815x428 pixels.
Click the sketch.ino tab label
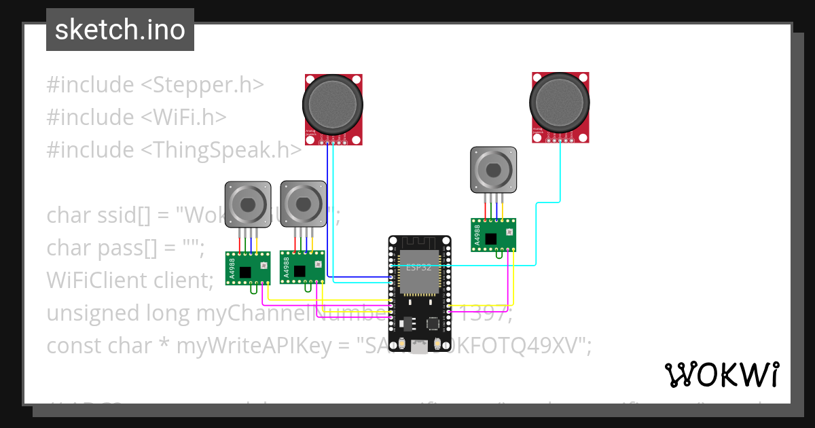click(120, 31)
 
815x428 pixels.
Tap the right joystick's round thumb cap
click(559, 103)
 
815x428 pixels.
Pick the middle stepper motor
click(302, 202)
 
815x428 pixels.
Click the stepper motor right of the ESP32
click(494, 170)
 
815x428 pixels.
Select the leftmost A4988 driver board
click(248, 268)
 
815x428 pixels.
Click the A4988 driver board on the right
click(494, 234)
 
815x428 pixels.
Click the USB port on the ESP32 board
click(420, 348)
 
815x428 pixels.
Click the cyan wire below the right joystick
click(560, 170)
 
